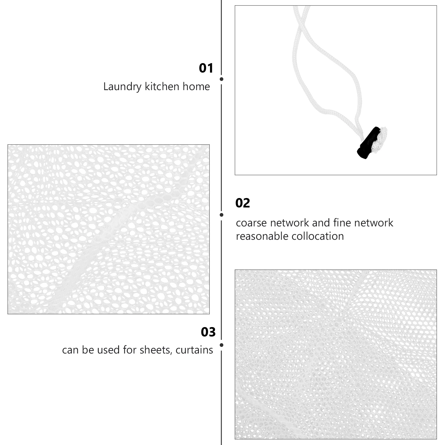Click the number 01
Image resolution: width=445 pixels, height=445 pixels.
pyautogui.click(x=206, y=68)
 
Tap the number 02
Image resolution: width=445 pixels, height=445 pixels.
pyautogui.click(x=243, y=203)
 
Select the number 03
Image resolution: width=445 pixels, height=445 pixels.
pyautogui.click(x=208, y=332)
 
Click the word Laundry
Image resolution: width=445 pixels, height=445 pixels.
pyautogui.click(x=122, y=87)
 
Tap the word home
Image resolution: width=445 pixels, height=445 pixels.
pyautogui.click(x=196, y=87)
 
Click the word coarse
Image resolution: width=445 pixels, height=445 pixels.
pyautogui.click(x=251, y=223)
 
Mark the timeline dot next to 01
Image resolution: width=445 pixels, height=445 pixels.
pyautogui.click(x=221, y=79)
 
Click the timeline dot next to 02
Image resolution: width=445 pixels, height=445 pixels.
pyautogui.click(x=221, y=215)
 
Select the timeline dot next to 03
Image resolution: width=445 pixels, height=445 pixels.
pyautogui.click(x=221, y=345)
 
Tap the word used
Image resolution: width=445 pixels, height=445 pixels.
pyautogui.click(x=110, y=350)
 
